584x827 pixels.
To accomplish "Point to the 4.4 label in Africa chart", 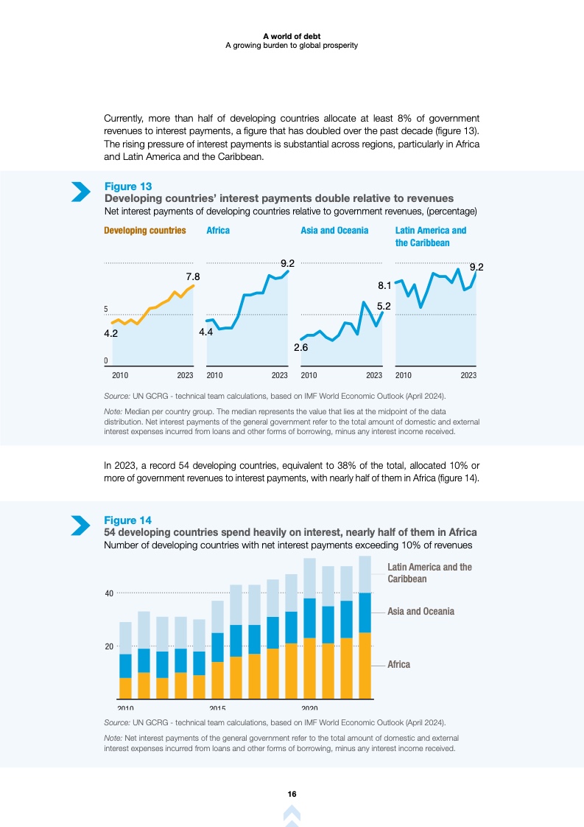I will pos(206,332).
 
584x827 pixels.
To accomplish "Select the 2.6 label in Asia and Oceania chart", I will pos(300,346).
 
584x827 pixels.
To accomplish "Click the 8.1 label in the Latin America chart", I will pos(384,285).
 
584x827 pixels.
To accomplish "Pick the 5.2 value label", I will pos(384,305).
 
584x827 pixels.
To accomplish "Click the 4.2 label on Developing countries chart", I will pos(111,333).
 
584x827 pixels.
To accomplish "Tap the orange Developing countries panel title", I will pos(144,231).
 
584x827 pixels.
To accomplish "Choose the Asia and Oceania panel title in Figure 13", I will pos(334,231).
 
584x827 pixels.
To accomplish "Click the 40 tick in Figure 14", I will pos(109,593).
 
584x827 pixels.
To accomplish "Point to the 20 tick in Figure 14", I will pos(109,646).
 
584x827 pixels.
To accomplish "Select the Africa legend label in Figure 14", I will pos(399,664).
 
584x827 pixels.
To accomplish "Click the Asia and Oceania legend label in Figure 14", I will pos(421,611).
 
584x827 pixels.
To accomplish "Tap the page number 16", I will pos(292,794).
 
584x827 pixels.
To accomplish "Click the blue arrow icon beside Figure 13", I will pos(80,192).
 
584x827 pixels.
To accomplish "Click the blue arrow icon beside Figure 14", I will pos(80,525).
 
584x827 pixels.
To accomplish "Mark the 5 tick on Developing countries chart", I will pos(106,309).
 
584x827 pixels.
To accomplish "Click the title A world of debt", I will pos(292,35).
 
